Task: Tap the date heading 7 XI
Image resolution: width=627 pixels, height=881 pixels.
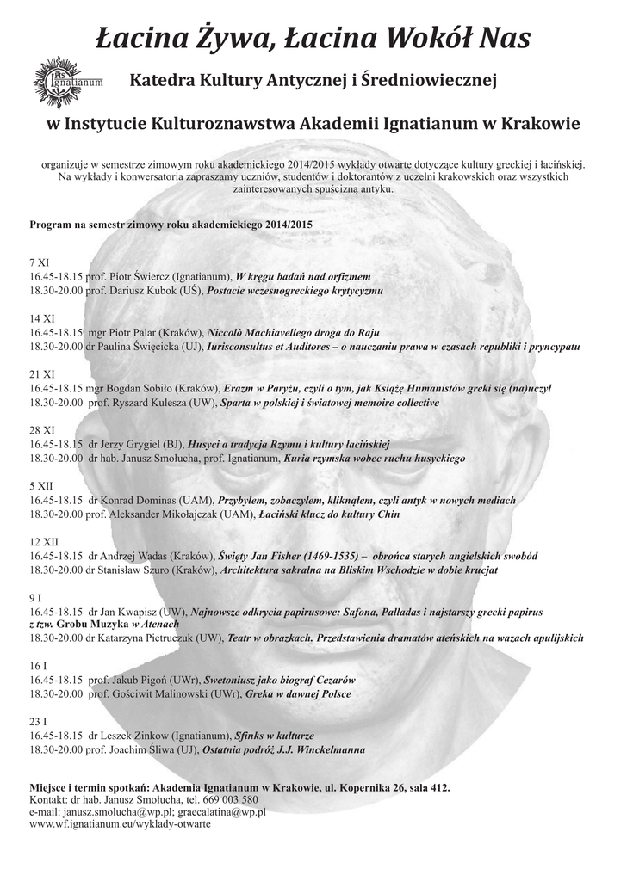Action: coord(40,261)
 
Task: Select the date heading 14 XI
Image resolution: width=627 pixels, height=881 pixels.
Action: coord(42,317)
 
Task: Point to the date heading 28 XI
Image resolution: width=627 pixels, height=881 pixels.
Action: coord(42,429)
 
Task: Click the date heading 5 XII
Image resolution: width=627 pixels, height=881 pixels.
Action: coord(42,485)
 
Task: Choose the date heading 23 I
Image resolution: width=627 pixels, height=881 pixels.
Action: coord(39,721)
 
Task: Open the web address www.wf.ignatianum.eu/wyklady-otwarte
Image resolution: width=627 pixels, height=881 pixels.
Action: coord(120,823)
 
